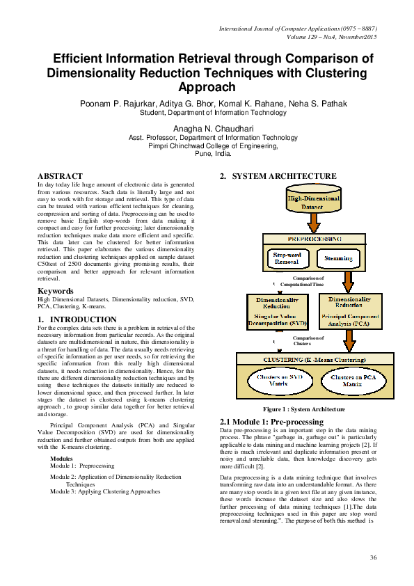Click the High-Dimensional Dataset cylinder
click(x=314, y=202)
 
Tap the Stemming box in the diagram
click(x=339, y=259)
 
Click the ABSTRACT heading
click(x=60, y=177)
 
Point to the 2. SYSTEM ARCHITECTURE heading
click(x=278, y=177)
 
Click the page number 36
click(x=373, y=557)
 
